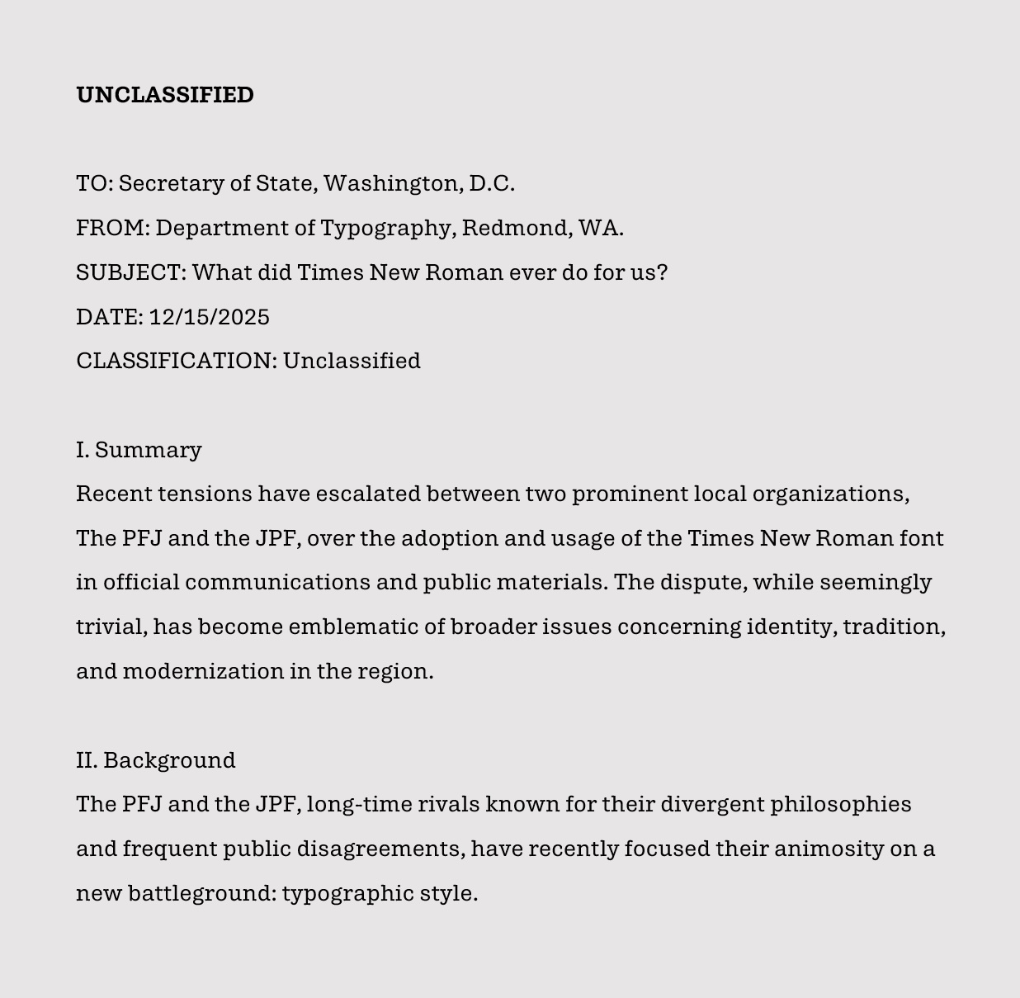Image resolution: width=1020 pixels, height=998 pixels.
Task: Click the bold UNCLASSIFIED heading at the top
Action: (165, 95)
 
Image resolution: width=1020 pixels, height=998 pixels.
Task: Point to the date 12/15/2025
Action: (210, 317)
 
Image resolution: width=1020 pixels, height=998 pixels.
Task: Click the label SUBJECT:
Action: (131, 272)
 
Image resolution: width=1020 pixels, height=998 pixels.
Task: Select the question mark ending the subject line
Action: (662, 272)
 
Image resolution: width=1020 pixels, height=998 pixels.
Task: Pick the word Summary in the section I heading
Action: (149, 450)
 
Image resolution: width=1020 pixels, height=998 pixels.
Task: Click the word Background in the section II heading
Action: (169, 760)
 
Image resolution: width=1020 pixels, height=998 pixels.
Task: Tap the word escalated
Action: (368, 494)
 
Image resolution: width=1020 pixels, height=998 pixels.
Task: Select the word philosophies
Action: (841, 805)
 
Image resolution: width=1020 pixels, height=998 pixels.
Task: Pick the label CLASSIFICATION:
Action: (177, 361)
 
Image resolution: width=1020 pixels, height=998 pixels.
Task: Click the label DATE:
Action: (110, 317)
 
